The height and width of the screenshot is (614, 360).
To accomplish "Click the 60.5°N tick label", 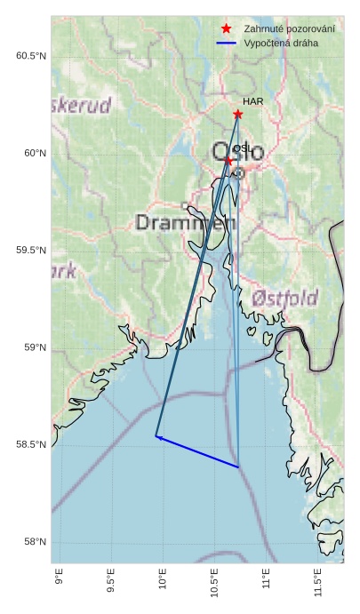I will pyautogui.click(x=30, y=56).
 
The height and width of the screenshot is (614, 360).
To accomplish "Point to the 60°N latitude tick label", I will pyautogui.click(x=33, y=154).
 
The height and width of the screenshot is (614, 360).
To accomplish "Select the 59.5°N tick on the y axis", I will pyautogui.click(x=30, y=251).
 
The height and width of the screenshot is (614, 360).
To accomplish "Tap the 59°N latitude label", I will pyautogui.click(x=33, y=347).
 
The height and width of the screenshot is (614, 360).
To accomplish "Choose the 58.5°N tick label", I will pyautogui.click(x=30, y=445).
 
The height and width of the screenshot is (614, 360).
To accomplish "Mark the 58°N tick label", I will pyautogui.click(x=33, y=542).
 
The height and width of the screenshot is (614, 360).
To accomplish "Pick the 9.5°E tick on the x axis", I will pyautogui.click(x=111, y=584).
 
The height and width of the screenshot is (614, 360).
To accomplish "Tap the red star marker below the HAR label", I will pyautogui.click(x=237, y=115).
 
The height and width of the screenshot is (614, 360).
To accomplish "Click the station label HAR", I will pyautogui.click(x=252, y=102).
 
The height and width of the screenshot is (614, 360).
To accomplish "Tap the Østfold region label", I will pyautogui.click(x=284, y=298).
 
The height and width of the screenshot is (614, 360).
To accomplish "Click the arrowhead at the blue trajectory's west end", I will pyautogui.click(x=157, y=436).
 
